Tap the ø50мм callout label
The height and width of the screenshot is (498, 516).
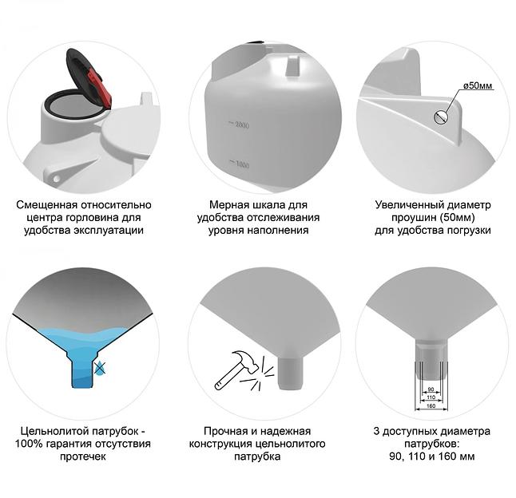click(478, 86)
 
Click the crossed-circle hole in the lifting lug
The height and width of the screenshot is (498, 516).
click(441, 117)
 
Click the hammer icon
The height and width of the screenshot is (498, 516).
click(236, 370)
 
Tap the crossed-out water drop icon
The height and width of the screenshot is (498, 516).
click(99, 367)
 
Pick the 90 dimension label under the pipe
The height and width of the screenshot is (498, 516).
click(431, 389)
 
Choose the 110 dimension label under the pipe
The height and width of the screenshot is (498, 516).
click(431, 397)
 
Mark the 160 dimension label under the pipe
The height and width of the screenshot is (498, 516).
click(431, 406)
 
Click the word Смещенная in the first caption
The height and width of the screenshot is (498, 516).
click(46, 205)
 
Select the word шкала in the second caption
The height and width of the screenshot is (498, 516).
click(269, 205)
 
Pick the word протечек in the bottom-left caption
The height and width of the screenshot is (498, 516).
click(83, 457)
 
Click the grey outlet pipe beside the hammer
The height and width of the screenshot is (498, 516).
click(290, 373)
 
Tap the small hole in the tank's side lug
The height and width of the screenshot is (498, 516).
click(57, 179)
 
